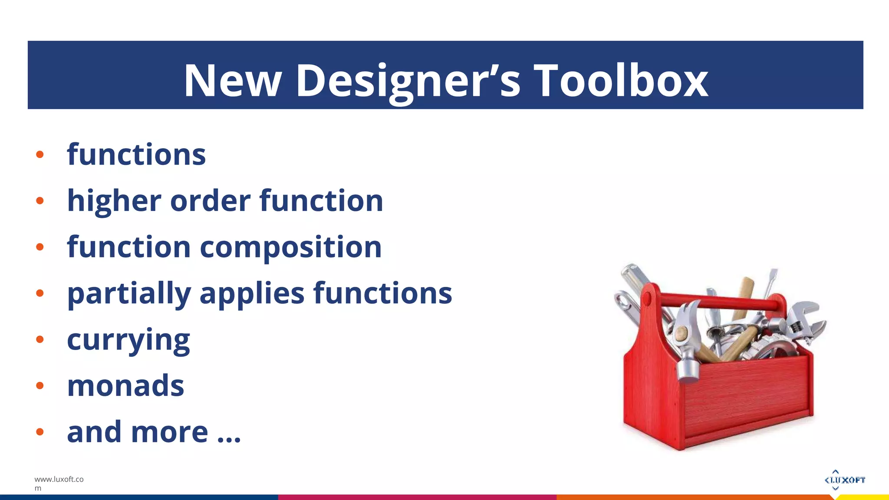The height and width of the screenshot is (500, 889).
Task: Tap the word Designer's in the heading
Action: [x=408, y=80]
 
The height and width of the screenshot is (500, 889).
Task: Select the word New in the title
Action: [x=233, y=80]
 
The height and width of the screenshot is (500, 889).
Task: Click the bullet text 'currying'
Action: [x=128, y=340]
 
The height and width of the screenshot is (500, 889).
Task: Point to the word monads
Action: [x=125, y=386]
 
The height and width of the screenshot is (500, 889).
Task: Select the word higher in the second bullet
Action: [x=114, y=201]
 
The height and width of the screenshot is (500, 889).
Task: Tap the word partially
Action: [x=129, y=294]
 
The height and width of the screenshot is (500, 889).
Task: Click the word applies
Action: [x=252, y=294]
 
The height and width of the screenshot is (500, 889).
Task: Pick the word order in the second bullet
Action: [x=210, y=201]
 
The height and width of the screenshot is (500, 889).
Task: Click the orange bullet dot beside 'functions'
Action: [x=40, y=155]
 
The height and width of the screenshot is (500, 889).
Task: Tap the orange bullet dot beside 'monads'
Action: [x=40, y=385]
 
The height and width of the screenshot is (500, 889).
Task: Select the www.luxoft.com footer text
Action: [x=59, y=483]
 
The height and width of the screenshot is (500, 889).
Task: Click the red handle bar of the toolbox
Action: [x=716, y=301]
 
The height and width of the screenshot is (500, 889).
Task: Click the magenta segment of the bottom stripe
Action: [x=417, y=497]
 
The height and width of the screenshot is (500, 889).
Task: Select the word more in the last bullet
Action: [x=169, y=432]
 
